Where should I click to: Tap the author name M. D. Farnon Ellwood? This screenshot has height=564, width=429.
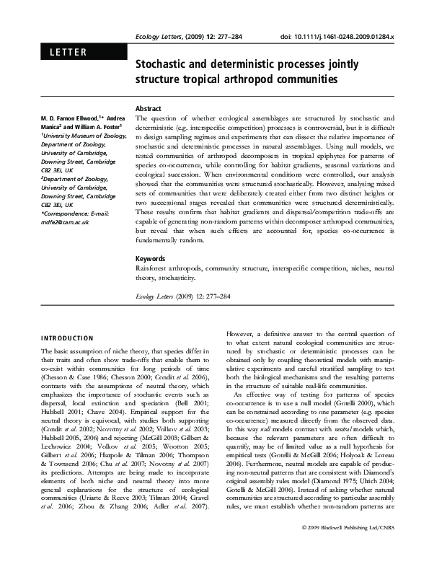pos(68,118)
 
